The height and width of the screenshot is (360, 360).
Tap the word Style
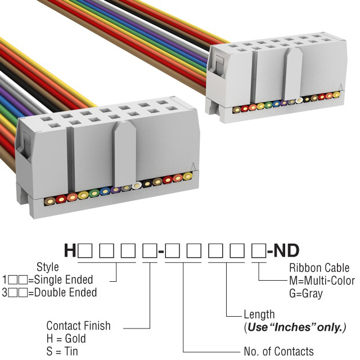(47, 267)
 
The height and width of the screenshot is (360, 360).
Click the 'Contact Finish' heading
(78, 326)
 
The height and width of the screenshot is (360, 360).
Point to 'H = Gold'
(66, 339)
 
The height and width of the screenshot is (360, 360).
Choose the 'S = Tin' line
(62, 352)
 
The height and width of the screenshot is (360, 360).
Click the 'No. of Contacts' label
(278, 352)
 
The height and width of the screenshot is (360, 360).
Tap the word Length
(259, 314)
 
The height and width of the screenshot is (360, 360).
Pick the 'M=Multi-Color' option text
(322, 280)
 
